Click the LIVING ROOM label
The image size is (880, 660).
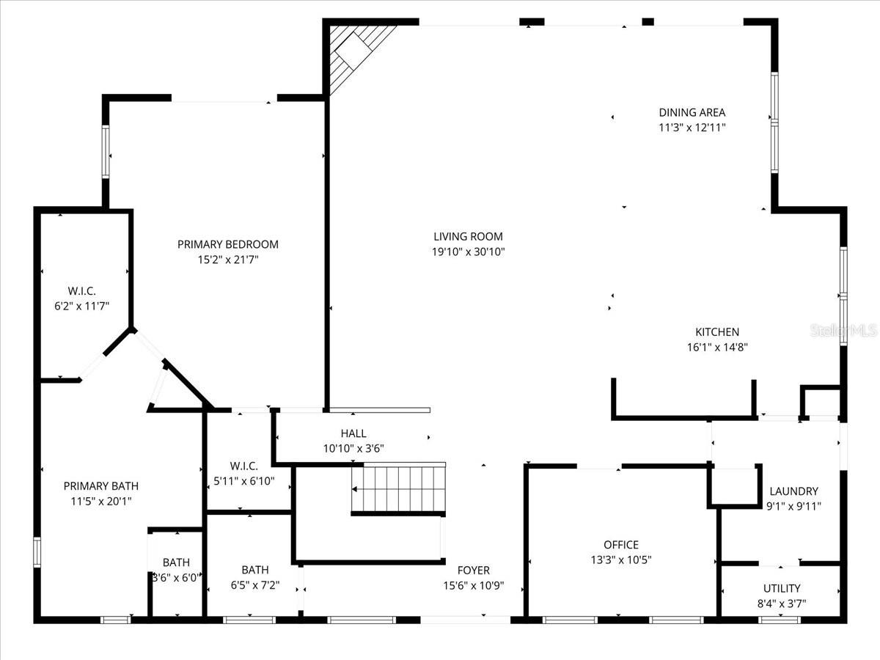[x=468, y=236]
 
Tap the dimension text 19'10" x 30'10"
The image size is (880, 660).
[x=468, y=252]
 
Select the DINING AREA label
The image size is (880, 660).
[x=692, y=112]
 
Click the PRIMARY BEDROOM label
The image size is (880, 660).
[x=227, y=244]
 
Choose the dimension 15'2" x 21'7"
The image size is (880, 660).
[x=227, y=260]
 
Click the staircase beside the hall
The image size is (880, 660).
[x=400, y=489]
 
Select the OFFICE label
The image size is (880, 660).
[x=620, y=544]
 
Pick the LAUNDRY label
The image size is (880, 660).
[x=793, y=491]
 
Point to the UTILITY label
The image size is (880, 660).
[x=781, y=588]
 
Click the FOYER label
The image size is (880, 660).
[x=473, y=570]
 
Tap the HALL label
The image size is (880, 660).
[x=353, y=433]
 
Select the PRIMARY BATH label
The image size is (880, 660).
[x=100, y=485]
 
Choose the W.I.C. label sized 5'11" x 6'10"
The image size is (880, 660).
[x=243, y=466]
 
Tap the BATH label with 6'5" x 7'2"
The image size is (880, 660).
[x=254, y=569]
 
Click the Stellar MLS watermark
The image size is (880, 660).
[x=843, y=331]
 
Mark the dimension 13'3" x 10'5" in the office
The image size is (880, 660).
[x=620, y=560]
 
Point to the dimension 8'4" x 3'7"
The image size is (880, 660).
[x=781, y=604]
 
